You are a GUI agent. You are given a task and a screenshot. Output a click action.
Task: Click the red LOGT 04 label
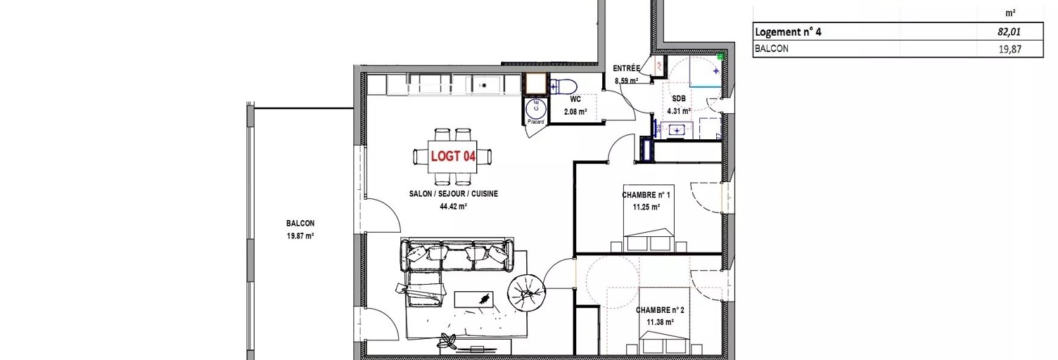click(453, 156)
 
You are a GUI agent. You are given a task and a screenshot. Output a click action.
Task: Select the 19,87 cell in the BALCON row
click(1010, 49)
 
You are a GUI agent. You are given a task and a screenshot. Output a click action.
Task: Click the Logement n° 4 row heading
click(788, 32)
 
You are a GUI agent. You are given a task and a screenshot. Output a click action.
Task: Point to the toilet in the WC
click(564, 86)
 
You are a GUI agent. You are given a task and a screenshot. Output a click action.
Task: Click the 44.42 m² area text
click(454, 206)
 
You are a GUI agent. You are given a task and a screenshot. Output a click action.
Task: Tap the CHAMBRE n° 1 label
click(646, 194)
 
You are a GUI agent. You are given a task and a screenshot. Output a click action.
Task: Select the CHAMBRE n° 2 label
click(660, 310)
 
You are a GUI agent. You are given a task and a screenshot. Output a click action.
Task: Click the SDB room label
click(679, 98)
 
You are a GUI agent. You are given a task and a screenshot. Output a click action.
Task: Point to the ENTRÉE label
click(626, 69)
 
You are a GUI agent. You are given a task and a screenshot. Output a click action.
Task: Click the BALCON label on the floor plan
click(300, 223)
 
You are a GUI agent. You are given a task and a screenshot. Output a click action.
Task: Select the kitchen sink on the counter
click(484, 84)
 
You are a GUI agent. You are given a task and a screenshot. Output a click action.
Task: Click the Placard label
click(536, 122)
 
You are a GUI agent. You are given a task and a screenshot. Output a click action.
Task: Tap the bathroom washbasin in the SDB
click(676, 130)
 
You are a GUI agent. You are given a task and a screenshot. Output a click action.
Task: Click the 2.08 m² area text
click(575, 112)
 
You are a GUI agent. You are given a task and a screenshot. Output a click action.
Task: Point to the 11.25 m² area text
click(646, 207)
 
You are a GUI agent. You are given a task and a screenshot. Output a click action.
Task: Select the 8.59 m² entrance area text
click(626, 81)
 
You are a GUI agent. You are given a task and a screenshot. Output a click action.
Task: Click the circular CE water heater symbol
click(536, 108)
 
